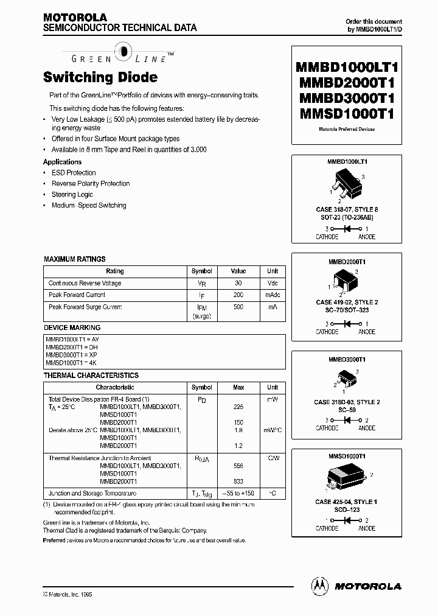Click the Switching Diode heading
100,77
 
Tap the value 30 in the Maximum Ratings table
238,283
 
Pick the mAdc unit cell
272,295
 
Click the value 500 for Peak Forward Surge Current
238,307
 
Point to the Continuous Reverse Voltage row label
85,283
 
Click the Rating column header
114,271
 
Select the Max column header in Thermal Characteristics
238,387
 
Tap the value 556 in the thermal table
238,466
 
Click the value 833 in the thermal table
238,481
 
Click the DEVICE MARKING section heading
72,327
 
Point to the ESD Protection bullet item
74,173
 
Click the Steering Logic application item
72,195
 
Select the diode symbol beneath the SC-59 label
347,420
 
